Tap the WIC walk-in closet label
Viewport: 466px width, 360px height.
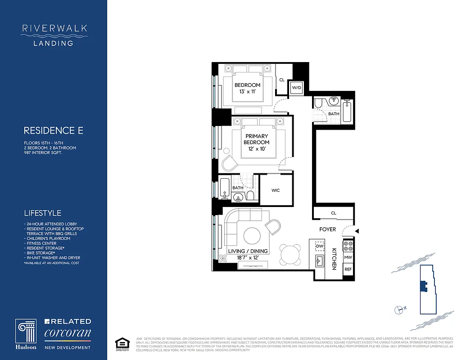pos(276,190)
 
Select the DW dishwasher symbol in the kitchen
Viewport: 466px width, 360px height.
pos(320,246)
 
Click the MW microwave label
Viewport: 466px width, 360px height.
pos(348,257)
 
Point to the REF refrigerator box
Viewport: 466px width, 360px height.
pos(348,269)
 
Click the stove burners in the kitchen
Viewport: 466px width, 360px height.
pos(348,246)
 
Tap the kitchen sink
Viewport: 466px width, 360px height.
pos(320,260)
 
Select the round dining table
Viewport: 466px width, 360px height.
pos(290,254)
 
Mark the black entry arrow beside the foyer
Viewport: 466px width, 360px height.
pos(357,231)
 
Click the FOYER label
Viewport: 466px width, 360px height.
pos(327,229)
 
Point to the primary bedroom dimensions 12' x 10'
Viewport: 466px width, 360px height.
pos(256,149)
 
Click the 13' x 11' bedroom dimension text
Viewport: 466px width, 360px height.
pos(247,92)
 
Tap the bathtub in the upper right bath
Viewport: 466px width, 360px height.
pos(347,112)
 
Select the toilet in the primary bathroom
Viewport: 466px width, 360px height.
pos(251,195)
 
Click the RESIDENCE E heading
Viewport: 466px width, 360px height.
pos(54,131)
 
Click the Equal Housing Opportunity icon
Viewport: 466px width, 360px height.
pos(120,343)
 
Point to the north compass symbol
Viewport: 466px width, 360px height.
pos(398,309)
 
